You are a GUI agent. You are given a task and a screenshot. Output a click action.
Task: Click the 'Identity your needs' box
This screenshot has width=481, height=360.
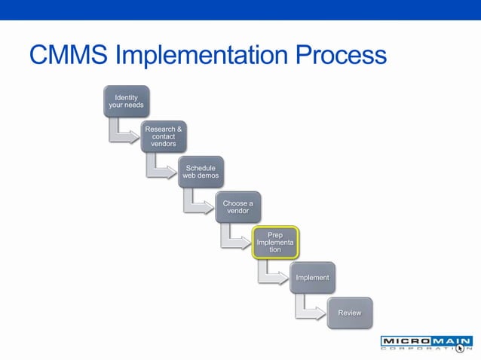tap(126, 101)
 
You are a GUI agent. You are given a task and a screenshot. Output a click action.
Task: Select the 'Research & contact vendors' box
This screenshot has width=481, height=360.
tap(163, 136)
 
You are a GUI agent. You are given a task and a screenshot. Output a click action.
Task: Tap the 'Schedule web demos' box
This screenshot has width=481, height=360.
tap(201, 171)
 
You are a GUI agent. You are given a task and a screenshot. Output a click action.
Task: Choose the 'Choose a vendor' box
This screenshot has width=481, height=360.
tap(237, 206)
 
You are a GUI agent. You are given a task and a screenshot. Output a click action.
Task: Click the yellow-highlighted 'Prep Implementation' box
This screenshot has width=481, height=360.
tap(275, 242)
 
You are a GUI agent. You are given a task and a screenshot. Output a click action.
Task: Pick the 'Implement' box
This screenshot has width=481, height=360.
tap(312, 277)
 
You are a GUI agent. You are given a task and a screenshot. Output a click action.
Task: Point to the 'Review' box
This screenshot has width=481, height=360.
tap(349, 313)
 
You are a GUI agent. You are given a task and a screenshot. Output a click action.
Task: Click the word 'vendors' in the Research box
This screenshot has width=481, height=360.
tap(163, 144)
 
